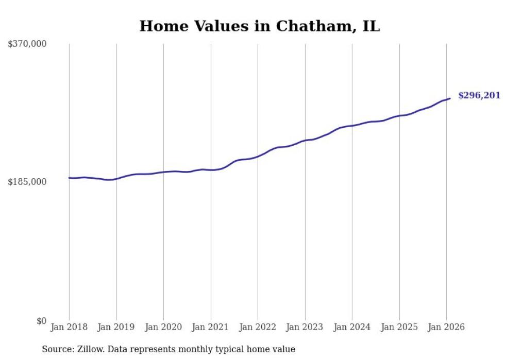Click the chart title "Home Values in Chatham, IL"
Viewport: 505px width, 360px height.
(259, 26)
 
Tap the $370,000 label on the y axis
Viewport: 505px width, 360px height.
(27, 44)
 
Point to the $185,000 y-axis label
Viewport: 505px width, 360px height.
(27, 182)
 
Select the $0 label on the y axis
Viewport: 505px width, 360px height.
(41, 321)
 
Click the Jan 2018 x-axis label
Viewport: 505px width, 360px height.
(69, 327)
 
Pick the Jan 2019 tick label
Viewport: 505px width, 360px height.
(116, 327)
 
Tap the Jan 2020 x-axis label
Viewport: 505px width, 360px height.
(163, 327)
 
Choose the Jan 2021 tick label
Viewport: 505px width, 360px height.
(211, 327)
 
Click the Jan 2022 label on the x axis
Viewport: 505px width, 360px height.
(258, 327)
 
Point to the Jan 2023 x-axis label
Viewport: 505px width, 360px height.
(305, 327)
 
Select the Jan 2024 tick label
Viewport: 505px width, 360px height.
(352, 327)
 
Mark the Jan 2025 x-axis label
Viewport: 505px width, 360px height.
(399, 327)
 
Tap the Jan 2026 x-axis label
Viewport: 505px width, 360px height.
(446, 327)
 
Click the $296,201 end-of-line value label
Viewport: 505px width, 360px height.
(479, 95)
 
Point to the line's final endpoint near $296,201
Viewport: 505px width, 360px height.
(450, 98)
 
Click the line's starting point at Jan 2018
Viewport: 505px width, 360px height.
(69, 178)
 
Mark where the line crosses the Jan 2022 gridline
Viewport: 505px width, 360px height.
(258, 156)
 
